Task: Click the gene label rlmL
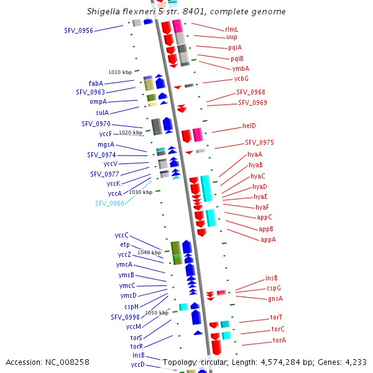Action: pos(231,29)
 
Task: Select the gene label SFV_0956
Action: pos(78,30)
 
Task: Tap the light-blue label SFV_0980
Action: pos(109,203)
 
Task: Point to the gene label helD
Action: pos(249,126)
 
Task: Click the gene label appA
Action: pos(268,239)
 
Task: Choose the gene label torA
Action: pos(279,340)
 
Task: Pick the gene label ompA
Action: pos(98,101)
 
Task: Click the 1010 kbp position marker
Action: pos(120,73)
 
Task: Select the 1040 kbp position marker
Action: pos(149,252)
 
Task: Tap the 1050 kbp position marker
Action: pos(157,313)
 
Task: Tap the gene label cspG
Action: pos(274,288)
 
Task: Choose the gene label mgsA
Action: pos(106,144)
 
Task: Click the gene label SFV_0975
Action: pos(259,142)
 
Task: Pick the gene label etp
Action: pos(125,245)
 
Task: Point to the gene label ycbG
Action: pos(241,78)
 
